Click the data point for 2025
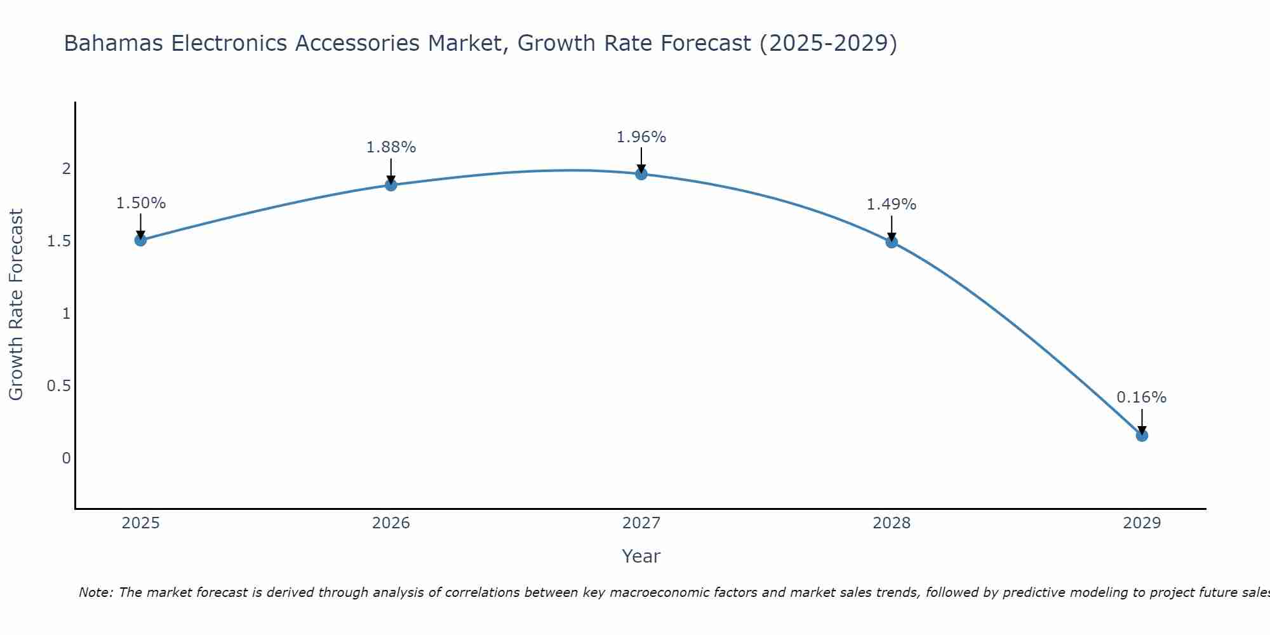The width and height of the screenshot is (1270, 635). [140, 240]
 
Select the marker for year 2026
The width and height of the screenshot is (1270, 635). [391, 185]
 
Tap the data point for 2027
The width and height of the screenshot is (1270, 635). [641, 174]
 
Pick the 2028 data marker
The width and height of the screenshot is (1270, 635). [892, 242]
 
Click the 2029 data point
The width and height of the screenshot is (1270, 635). [1142, 436]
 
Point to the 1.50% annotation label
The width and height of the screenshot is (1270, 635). [141, 203]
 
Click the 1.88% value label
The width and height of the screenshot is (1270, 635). [391, 147]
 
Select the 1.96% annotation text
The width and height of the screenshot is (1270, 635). [641, 137]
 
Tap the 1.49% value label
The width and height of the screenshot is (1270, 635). [892, 204]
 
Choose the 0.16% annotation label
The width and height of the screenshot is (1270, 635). [1142, 398]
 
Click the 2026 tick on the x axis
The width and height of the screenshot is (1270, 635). [391, 523]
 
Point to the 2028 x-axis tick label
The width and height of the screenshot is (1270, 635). [892, 523]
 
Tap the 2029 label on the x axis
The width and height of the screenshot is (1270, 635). [1142, 523]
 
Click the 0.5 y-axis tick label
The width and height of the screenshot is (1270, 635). [59, 386]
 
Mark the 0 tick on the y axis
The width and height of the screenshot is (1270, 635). [66, 458]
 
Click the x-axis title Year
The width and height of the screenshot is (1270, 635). [641, 556]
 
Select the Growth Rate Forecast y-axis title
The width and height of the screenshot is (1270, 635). [16, 305]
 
